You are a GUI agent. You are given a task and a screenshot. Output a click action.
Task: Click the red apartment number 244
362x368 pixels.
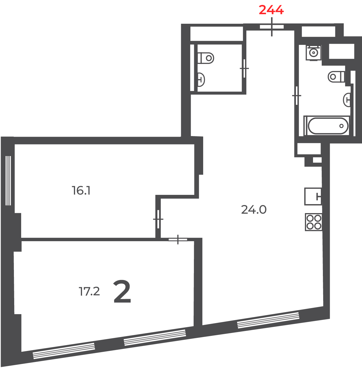[x=271, y=10]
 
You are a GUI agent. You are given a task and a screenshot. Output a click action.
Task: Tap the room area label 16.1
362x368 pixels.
[x=81, y=191]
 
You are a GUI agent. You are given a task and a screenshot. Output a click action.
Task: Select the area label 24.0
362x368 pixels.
[x=254, y=210]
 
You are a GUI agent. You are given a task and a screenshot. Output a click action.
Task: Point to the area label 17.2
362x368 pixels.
[x=89, y=292]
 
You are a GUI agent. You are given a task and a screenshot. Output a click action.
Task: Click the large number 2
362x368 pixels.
[x=122, y=292]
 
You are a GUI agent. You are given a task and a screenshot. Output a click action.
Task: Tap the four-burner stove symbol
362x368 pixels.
[x=313, y=222]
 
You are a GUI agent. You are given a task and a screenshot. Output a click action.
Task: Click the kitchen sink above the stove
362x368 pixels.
[x=313, y=197]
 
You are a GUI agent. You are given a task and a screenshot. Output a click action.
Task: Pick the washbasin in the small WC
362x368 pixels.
[x=201, y=79]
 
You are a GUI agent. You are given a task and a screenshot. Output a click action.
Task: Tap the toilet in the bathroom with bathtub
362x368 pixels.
[x=336, y=77]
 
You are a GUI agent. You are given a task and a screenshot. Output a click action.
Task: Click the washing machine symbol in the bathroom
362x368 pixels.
[x=313, y=53]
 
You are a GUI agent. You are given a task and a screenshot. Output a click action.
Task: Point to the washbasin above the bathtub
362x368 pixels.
[x=347, y=100]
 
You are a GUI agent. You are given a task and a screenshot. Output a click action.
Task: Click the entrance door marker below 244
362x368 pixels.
[x=272, y=27]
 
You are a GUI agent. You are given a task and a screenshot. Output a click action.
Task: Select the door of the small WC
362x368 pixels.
[x=244, y=68]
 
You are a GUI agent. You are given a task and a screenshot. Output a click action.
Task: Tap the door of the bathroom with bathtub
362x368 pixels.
[x=296, y=96]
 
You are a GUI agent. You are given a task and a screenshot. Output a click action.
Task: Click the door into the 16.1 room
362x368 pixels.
[x=158, y=219]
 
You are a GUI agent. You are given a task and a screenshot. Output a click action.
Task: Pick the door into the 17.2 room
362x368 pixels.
[x=178, y=239]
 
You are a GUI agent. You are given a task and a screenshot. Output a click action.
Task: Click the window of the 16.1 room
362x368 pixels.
[x=8, y=180]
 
